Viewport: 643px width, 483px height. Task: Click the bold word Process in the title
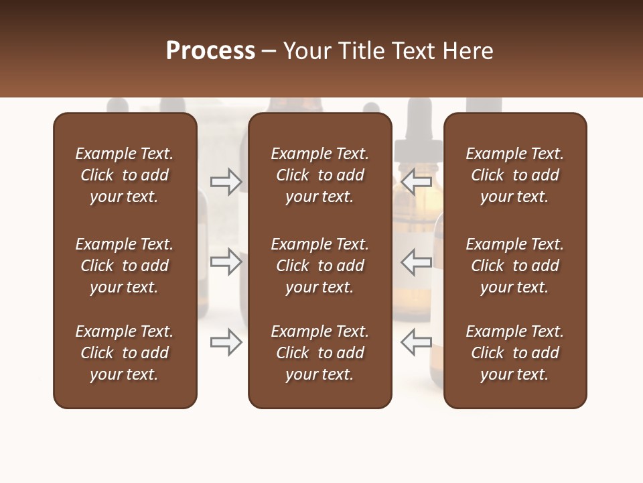coord(210,51)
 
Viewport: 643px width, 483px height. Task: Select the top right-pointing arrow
coord(226,182)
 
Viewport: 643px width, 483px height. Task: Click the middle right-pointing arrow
coord(226,262)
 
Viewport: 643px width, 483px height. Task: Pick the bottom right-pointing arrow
coord(226,342)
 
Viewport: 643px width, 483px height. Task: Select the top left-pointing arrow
coord(416,182)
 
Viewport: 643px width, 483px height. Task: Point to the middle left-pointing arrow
coord(416,262)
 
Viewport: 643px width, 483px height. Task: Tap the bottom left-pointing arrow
coord(416,342)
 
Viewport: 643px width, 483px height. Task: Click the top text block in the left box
coord(125,175)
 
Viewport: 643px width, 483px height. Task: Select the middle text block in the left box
coord(125,266)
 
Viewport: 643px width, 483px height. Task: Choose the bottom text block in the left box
coord(125,353)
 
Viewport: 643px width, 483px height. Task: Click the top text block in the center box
coord(320,175)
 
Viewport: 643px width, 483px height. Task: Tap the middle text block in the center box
coord(320,266)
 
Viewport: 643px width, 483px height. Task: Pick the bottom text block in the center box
coord(320,353)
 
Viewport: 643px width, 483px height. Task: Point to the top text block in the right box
coord(515,175)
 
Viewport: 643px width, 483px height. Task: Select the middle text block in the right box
coord(515,266)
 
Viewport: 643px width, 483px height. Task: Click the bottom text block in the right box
coord(515,353)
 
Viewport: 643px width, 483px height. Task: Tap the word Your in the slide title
coord(307,51)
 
